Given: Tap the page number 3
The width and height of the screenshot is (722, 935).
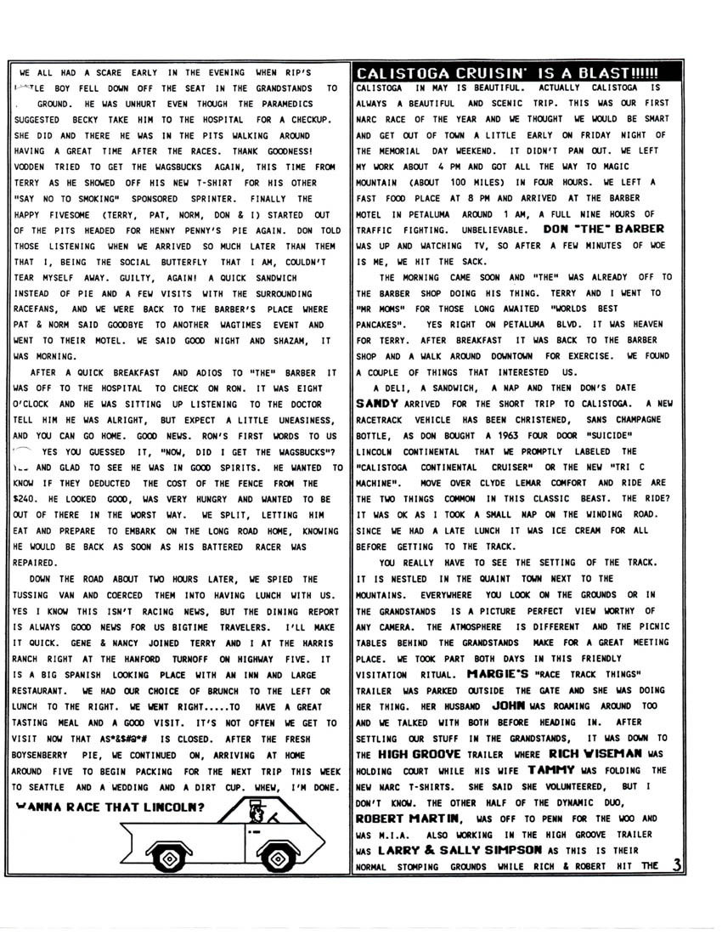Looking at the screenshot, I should tap(676, 865).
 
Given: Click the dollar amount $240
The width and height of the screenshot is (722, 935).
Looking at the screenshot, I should tap(25, 498).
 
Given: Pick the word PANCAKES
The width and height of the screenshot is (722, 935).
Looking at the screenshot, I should tap(381, 325).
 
